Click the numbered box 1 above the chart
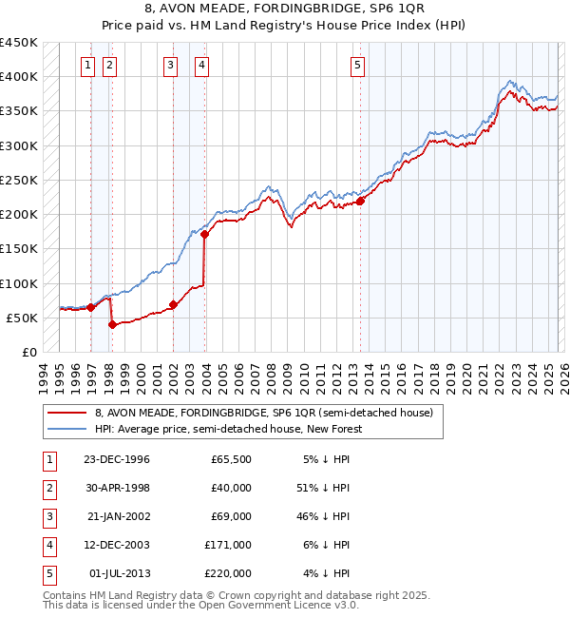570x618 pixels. coord(87,66)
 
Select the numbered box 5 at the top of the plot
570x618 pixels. coord(357,66)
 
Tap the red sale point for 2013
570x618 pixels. coord(361,201)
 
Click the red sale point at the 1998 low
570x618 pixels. coord(113,324)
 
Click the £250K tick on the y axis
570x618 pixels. coord(20,180)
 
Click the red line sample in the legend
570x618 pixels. coord(67,413)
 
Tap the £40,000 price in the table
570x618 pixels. coord(231,488)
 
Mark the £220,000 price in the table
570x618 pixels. coord(228,573)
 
